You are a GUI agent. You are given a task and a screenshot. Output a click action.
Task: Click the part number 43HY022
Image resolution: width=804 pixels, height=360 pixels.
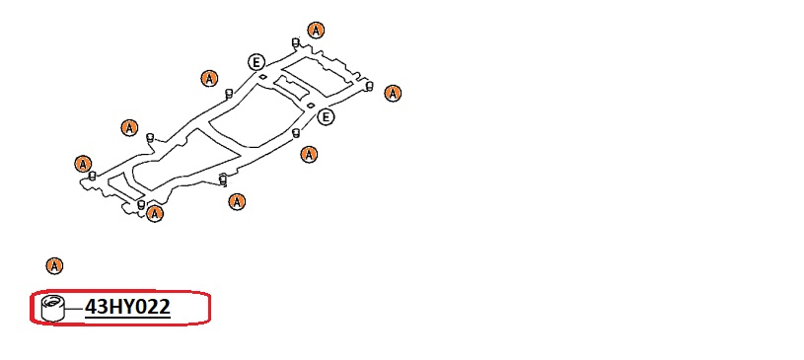[x=127, y=307]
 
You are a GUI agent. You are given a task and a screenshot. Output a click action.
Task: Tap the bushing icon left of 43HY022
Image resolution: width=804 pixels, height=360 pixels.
[x=54, y=308]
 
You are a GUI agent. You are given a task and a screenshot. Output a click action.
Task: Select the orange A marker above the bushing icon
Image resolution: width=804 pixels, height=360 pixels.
[x=54, y=266]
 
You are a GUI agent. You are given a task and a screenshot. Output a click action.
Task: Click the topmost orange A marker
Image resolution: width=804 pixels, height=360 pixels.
[x=316, y=31]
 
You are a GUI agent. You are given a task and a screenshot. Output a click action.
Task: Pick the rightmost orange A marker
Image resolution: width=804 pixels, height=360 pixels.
[x=393, y=94]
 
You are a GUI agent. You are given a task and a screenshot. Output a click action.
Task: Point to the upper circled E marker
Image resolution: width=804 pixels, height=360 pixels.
[x=256, y=62]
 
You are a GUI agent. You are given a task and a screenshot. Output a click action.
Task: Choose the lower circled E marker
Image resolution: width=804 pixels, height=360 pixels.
[x=326, y=117]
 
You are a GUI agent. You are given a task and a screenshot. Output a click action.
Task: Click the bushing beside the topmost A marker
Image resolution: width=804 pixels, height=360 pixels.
[x=295, y=42]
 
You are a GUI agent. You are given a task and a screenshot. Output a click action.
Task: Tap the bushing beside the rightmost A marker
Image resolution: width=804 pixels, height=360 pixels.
[x=369, y=86]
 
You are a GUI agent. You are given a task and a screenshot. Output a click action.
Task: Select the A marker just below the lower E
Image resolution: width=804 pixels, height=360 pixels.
[x=309, y=154]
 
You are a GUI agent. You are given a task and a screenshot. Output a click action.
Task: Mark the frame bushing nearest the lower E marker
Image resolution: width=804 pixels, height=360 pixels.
[x=295, y=133]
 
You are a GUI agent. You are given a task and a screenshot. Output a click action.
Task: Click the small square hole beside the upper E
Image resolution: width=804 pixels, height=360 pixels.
[x=262, y=76]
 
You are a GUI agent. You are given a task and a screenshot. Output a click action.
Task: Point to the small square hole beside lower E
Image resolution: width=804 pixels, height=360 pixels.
[x=311, y=105]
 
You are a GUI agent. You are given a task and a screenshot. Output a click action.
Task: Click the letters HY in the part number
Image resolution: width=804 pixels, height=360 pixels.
[x=119, y=307]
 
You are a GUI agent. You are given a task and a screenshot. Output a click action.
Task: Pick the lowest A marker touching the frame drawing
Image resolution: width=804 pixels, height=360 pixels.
[x=154, y=213]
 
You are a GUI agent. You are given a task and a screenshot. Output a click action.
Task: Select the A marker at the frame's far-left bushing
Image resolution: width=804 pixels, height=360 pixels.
[x=83, y=164]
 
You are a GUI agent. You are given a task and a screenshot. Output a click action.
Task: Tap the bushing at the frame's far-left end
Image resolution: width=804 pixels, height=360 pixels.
[x=93, y=176]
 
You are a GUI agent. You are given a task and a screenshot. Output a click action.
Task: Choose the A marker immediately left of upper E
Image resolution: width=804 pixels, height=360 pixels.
[x=209, y=79]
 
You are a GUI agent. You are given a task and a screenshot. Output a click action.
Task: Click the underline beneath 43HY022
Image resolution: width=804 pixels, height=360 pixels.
[x=127, y=318]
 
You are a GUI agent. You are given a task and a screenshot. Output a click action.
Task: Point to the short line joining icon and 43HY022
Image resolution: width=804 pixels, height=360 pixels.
[x=75, y=309]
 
